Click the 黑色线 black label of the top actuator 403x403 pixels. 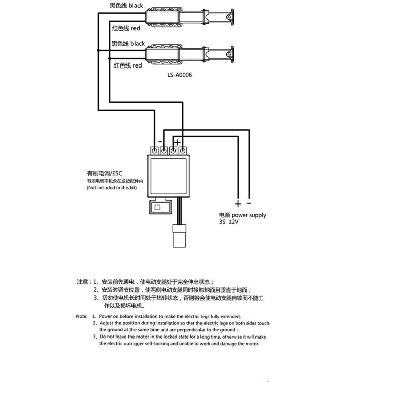(x=126, y=6)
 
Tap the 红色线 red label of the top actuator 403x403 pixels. (x=126, y=29)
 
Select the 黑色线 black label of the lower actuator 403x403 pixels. (x=128, y=44)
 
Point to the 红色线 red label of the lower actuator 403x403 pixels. (x=128, y=65)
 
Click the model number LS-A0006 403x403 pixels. (x=180, y=74)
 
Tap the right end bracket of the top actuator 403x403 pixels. (x=231, y=18)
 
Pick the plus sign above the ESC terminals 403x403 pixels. (x=177, y=142)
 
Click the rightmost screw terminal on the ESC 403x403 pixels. (x=183, y=150)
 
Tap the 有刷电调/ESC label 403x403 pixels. (x=104, y=173)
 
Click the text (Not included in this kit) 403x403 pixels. (x=111, y=188)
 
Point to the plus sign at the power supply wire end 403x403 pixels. (x=238, y=204)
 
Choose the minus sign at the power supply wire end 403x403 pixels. (x=249, y=203)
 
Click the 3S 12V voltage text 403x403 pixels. (x=228, y=222)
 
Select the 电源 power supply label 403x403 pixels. (x=242, y=215)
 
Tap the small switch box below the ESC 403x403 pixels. (x=158, y=207)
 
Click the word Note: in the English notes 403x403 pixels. (x=82, y=316)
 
